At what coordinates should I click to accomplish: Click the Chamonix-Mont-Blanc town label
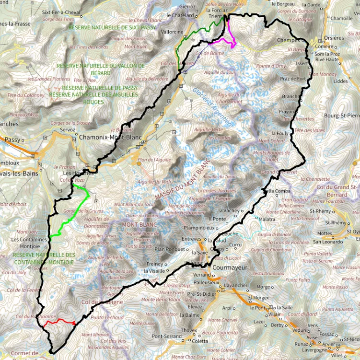click(x=110, y=137)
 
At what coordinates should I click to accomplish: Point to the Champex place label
click(x=288, y=41)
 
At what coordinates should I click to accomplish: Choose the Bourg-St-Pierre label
click(x=341, y=116)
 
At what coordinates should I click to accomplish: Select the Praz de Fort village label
click(x=293, y=79)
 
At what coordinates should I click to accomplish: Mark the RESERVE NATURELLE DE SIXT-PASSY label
click(x=112, y=28)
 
